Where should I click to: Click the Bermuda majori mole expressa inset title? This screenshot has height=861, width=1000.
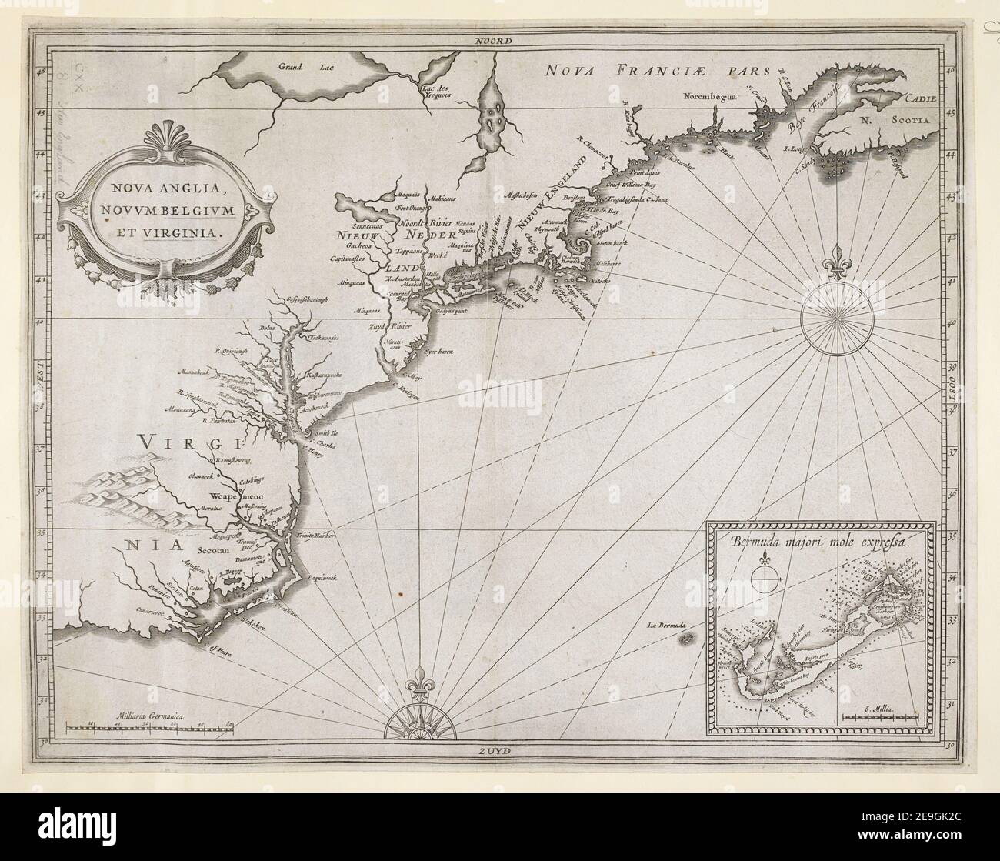pos(820,540)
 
